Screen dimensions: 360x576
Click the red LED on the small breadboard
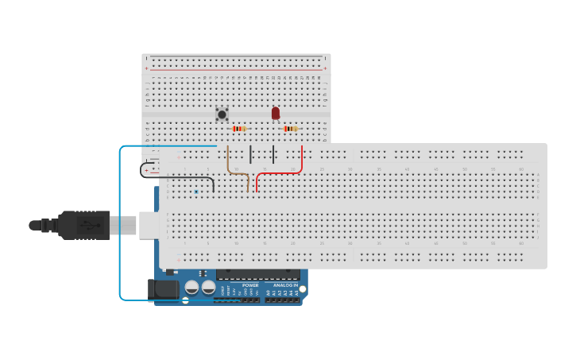point(276,113)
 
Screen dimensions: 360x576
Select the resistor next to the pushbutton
point(238,129)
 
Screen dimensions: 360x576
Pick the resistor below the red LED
point(291,129)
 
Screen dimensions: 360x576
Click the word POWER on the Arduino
point(250,285)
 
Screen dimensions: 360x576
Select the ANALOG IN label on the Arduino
point(285,285)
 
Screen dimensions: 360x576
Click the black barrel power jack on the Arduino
point(165,289)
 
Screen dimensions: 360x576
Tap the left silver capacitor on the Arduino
point(191,288)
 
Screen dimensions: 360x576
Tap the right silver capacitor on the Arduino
point(208,288)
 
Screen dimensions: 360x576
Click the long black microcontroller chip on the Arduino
point(257,274)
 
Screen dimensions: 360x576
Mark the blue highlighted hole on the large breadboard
point(196,192)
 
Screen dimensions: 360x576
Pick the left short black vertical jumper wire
point(251,154)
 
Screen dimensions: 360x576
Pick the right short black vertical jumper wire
point(274,154)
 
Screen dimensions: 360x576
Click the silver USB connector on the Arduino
point(149,225)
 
